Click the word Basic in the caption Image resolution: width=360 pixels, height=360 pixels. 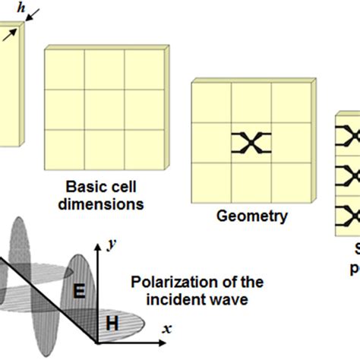click(84, 187)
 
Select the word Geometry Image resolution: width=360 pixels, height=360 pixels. click(252, 216)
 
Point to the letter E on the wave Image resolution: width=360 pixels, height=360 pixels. click(78, 291)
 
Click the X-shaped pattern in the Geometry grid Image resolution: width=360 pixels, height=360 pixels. click(252, 142)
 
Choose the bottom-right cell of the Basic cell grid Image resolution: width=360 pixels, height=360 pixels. click(143, 149)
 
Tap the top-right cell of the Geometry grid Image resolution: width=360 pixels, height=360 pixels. click(291, 102)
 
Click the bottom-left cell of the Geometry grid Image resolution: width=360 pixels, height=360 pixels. click(213, 182)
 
